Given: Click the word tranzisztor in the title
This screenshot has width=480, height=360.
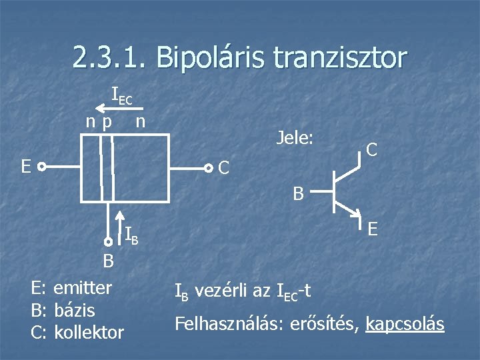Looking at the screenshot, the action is [x=339, y=59].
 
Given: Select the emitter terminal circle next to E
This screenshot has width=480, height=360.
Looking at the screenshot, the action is [x=41, y=167].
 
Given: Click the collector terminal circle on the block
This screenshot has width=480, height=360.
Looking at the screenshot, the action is [x=208, y=168].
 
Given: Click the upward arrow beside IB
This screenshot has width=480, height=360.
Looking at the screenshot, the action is [x=120, y=227].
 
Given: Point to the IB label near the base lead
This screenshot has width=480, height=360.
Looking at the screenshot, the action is [x=132, y=233].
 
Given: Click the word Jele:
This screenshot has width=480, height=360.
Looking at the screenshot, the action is [x=295, y=139].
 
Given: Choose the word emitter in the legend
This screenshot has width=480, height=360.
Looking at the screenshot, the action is [x=83, y=288].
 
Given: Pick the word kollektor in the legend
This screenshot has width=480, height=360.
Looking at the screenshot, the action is [x=88, y=331].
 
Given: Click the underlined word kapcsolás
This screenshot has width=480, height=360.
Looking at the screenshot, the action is [x=405, y=324].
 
